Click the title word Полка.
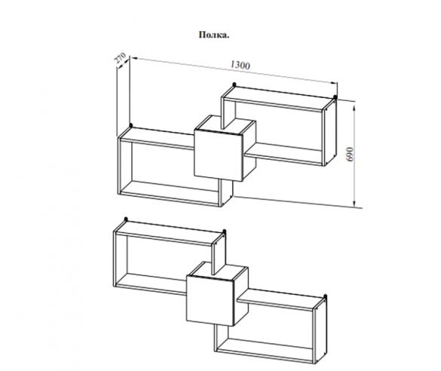[x=214, y=35]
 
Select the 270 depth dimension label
[x=120, y=58]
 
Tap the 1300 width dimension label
[x=240, y=65]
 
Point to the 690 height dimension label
[x=350, y=154]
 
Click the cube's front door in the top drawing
[x=219, y=155]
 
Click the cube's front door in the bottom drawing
[x=210, y=300]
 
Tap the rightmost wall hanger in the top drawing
[x=335, y=97]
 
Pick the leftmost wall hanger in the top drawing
[x=130, y=125]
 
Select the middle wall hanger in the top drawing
[x=234, y=84]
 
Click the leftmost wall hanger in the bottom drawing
[x=126, y=219]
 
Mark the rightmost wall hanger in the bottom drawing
[x=325, y=296]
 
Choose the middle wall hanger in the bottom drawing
[x=224, y=231]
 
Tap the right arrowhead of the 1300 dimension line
[x=334, y=82]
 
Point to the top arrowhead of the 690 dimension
[x=354, y=109]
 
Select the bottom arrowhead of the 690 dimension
[x=354, y=203]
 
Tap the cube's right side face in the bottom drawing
[x=241, y=296]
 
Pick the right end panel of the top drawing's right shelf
[x=329, y=132]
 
